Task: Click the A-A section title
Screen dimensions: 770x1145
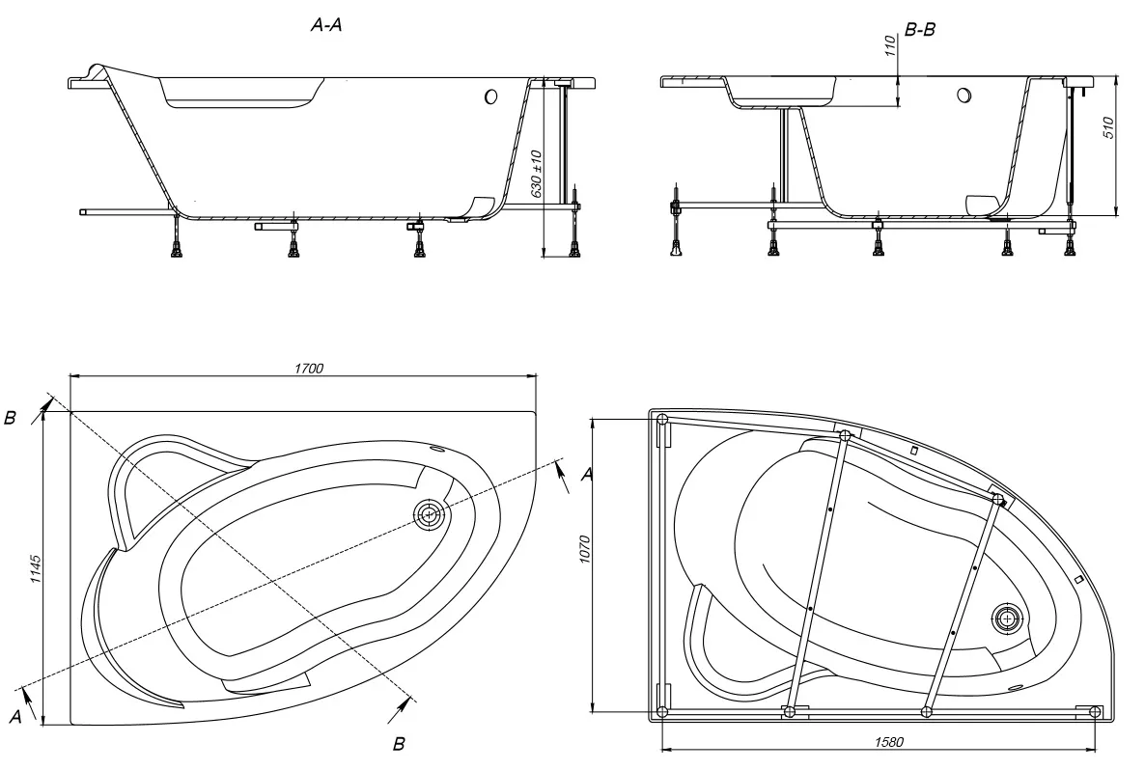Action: pos(325,27)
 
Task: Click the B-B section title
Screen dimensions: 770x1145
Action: pos(919,31)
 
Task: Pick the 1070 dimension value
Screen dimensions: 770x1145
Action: pos(585,564)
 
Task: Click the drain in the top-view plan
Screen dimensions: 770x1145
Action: pos(429,514)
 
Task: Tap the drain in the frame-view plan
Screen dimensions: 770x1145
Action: pos(1007,618)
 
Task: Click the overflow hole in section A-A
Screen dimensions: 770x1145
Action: pos(489,96)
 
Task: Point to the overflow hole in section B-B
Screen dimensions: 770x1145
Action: pos(963,96)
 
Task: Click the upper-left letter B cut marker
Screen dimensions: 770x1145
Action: pos(10,418)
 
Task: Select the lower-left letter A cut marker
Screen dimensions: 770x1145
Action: pos(14,716)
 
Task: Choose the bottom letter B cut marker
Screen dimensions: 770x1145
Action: pos(398,743)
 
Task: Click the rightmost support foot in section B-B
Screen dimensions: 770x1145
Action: pos(1069,248)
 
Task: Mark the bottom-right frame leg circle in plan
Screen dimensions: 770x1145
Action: pos(1095,712)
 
